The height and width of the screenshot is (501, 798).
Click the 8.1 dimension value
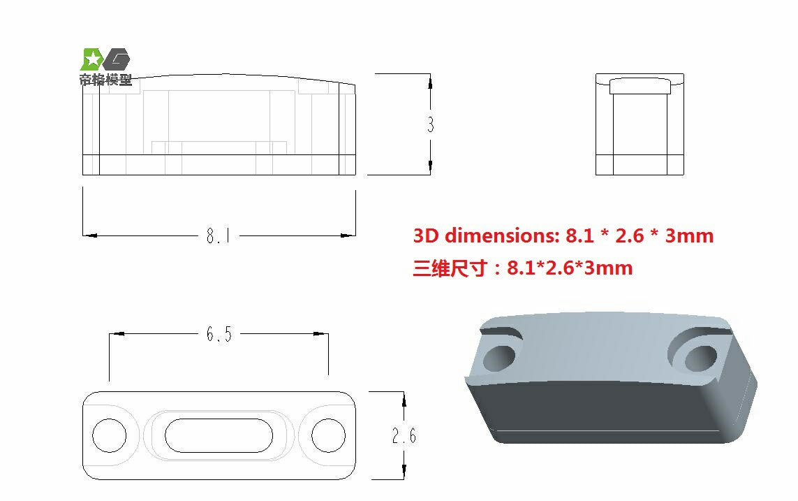[218, 236]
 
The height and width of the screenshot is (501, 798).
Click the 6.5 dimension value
[219, 335]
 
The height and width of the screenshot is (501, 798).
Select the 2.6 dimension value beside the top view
[404, 436]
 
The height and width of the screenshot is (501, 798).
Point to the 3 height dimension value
[430, 124]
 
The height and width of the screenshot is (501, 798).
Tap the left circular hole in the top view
[110, 435]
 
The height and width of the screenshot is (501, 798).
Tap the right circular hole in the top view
[328, 435]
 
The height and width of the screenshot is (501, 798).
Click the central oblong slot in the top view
[219, 435]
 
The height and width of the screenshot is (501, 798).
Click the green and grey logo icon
[105, 59]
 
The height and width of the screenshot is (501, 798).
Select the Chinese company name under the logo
[105, 80]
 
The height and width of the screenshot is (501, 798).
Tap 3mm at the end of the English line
[689, 236]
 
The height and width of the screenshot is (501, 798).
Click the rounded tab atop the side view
[640, 86]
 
